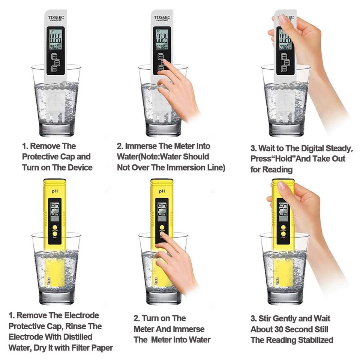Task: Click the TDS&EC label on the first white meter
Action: pos(56,17)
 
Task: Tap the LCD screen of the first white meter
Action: pos(56,39)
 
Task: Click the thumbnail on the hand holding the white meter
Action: pos(283,19)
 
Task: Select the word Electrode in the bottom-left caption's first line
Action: pos(80,315)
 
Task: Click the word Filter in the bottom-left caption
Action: pos(82,348)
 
